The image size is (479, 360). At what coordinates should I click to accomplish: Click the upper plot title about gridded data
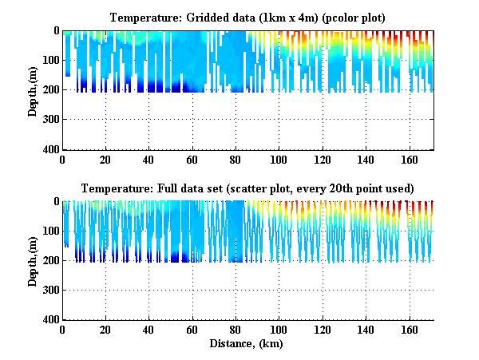click(x=247, y=18)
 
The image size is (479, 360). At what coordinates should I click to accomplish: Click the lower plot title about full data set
click(x=247, y=188)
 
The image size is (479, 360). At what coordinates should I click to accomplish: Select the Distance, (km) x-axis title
click(x=247, y=344)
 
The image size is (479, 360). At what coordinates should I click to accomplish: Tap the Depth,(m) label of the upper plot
click(x=34, y=90)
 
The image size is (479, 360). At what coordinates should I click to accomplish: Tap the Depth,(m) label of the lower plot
click(x=34, y=261)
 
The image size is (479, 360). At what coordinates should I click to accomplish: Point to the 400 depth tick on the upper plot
click(x=51, y=150)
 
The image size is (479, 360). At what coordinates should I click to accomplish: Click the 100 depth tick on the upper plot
click(x=51, y=61)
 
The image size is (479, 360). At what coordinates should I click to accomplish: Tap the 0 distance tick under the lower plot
click(x=63, y=330)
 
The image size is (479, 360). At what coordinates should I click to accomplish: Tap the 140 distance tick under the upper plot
click(x=366, y=160)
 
